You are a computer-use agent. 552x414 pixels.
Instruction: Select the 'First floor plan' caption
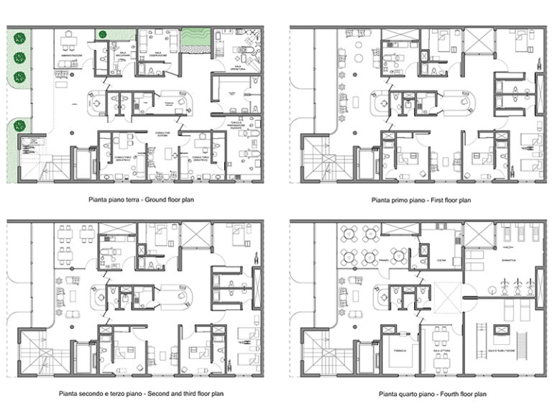420,199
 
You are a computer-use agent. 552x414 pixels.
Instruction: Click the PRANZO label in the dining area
384,259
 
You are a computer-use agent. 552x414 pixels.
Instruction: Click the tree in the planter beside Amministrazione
103,34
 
